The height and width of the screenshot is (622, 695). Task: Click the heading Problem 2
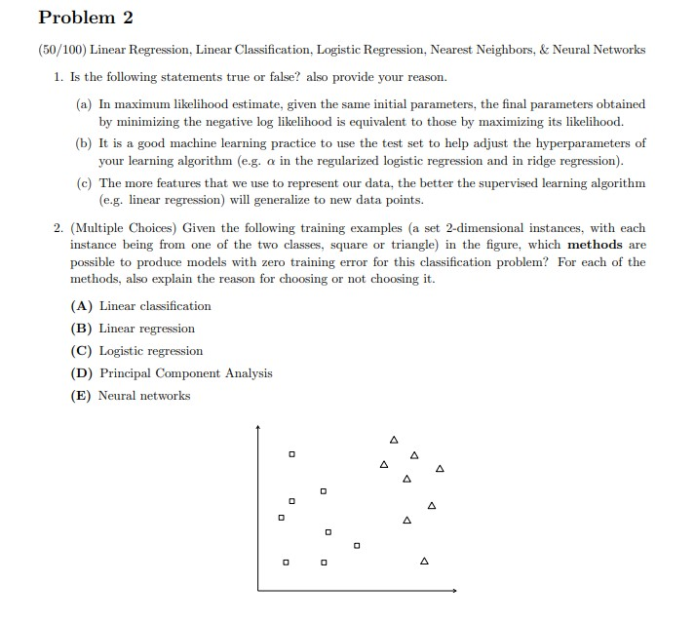(85, 19)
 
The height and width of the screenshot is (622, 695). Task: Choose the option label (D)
(83, 373)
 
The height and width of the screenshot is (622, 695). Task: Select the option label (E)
(83, 396)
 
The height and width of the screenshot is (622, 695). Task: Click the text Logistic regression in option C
(151, 351)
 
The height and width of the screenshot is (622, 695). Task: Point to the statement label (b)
(85, 143)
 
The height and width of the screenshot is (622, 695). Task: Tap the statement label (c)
(85, 183)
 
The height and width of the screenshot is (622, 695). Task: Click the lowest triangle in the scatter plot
(424, 562)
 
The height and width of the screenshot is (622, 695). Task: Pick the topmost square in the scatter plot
(290, 454)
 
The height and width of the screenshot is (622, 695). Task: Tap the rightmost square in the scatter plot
(357, 545)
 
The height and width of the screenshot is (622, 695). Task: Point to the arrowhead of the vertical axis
(258, 427)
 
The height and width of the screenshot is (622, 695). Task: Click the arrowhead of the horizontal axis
(453, 590)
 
